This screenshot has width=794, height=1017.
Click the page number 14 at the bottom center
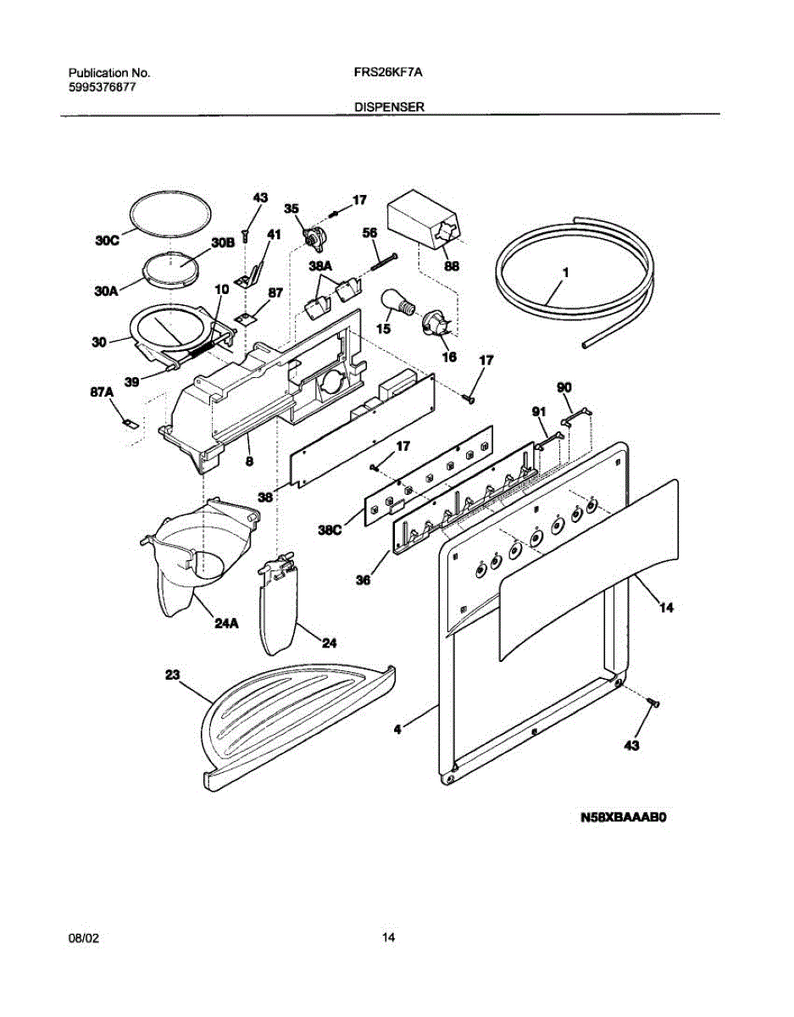coord(389,938)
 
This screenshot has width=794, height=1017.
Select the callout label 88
coord(452,266)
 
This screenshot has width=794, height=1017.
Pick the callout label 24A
coord(226,624)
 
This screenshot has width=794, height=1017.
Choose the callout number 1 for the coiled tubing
coord(564,273)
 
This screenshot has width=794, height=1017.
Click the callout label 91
coord(537,411)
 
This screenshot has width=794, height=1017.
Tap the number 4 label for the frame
coord(397,726)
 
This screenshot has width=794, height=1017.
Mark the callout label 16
coord(449,358)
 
